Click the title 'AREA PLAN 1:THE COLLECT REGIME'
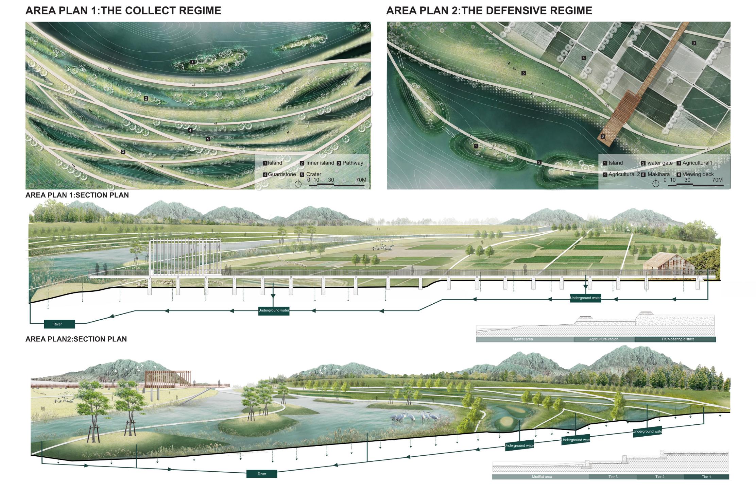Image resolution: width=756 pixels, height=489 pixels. [123, 11]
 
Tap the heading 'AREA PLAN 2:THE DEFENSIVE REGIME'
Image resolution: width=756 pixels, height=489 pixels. [489, 11]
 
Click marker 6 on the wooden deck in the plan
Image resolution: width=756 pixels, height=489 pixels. [603, 136]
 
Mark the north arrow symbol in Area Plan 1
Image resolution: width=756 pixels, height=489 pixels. [298, 184]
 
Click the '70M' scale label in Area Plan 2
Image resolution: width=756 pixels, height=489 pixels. [717, 180]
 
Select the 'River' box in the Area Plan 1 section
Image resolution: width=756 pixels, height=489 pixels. [59, 324]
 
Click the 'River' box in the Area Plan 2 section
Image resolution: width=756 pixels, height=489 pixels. [262, 474]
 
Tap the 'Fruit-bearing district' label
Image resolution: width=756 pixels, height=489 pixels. [677, 339]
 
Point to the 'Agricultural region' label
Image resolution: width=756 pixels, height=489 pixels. [604, 339]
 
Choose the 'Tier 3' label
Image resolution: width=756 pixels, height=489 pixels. [613, 477]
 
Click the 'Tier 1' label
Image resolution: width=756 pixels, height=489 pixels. [706, 477]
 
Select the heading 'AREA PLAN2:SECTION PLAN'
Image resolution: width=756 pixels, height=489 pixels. [76, 339]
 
